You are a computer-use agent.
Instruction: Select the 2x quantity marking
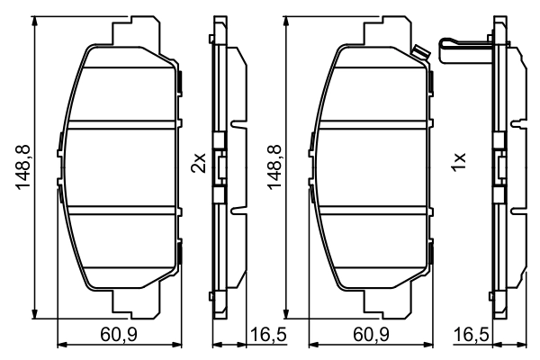(199, 163)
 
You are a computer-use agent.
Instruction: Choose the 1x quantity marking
(459, 163)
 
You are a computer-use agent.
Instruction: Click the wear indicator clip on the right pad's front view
(420, 53)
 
